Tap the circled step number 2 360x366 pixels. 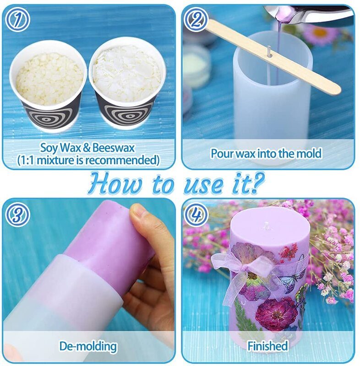coord(196,20)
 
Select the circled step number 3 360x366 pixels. coord(17,215)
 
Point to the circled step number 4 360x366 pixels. coord(196,215)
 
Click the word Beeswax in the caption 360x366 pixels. coord(114,148)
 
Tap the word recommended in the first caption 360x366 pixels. coord(120,160)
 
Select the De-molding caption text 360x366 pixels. coord(88,346)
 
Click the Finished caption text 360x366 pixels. coord(267,346)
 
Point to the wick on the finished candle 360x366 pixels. coord(266,226)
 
